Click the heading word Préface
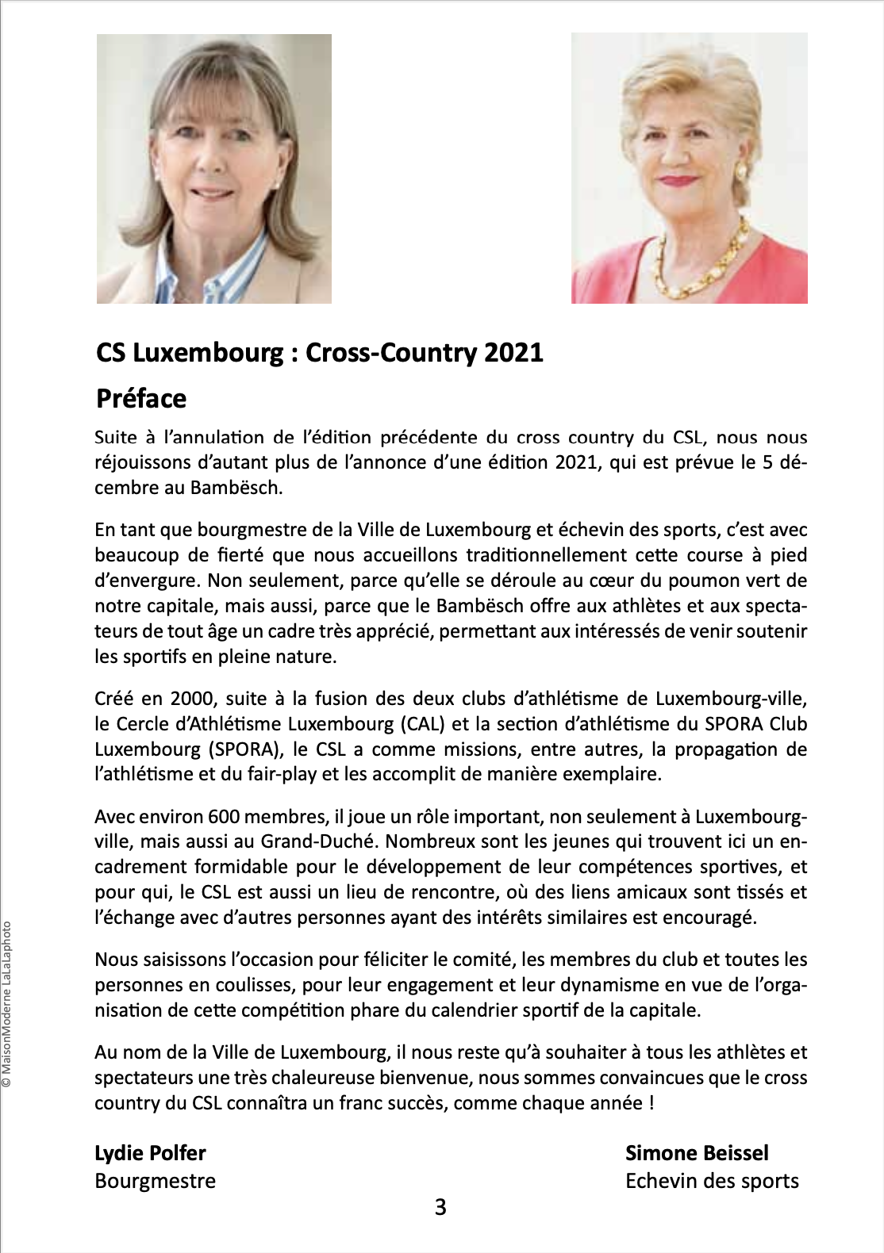pos(141,398)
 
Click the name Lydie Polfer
pos(150,1153)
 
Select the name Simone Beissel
pos(697,1153)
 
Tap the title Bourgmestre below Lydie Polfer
pos(155,1181)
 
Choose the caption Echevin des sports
pos(712,1181)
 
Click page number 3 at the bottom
pos(440,1207)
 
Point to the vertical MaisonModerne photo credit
pos(7,1003)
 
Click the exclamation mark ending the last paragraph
pos(651,1103)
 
